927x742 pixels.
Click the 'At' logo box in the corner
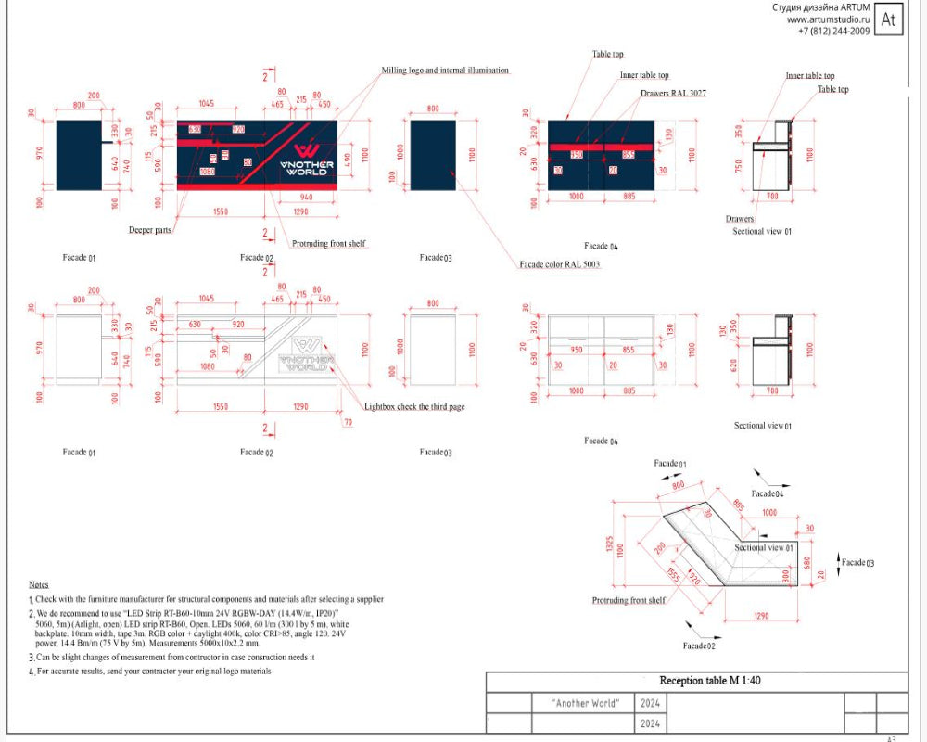888,19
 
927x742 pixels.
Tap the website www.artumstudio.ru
828,19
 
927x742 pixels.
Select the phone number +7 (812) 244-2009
833,31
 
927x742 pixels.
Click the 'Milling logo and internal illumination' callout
445,70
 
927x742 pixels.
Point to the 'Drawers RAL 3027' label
673,94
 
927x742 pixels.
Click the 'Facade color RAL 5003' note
560,265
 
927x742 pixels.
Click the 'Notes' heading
38,585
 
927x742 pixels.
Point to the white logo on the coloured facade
307,160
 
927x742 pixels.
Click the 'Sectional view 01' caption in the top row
762,231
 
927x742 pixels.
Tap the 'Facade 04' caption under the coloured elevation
601,246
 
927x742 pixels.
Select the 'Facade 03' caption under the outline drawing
435,452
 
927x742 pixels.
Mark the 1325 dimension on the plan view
608,547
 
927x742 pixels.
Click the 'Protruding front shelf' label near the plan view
629,601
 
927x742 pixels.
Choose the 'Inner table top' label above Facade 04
644,75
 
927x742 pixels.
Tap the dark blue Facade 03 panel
432,155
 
